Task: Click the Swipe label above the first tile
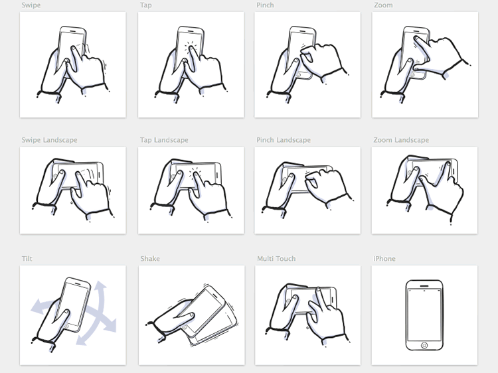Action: (31, 5)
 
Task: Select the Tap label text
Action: (146, 5)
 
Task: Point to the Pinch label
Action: (265, 5)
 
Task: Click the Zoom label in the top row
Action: (383, 5)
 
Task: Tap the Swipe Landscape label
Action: (50, 140)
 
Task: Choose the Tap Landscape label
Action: (164, 140)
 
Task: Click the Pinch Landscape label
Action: (284, 140)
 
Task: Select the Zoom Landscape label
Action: (401, 140)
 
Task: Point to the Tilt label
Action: (27, 258)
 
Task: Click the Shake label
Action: (150, 258)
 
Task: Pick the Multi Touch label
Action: (276, 258)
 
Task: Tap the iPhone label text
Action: (384, 258)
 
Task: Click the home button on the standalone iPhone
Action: (424, 345)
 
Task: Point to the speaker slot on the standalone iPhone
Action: (424, 285)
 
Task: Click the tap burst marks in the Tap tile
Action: (191, 48)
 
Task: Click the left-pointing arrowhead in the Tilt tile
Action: (38, 307)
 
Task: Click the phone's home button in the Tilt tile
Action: (66, 326)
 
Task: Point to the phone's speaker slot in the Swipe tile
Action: (72, 31)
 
